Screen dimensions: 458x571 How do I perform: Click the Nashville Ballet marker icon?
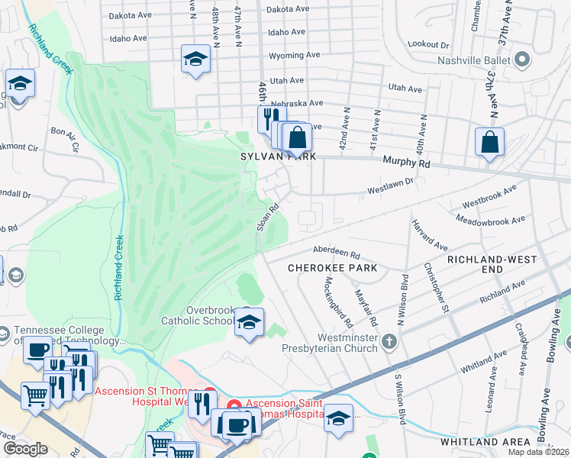click(x=523, y=60)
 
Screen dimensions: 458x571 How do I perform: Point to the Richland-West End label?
click(x=485, y=265)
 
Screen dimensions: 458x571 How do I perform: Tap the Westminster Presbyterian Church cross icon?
click(x=390, y=340)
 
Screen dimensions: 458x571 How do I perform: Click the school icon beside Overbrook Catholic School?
click(x=249, y=324)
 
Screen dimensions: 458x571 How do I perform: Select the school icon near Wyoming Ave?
click(x=195, y=60)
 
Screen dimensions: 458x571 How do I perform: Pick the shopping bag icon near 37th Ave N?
click(x=489, y=143)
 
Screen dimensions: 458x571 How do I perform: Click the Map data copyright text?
click(x=537, y=452)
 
